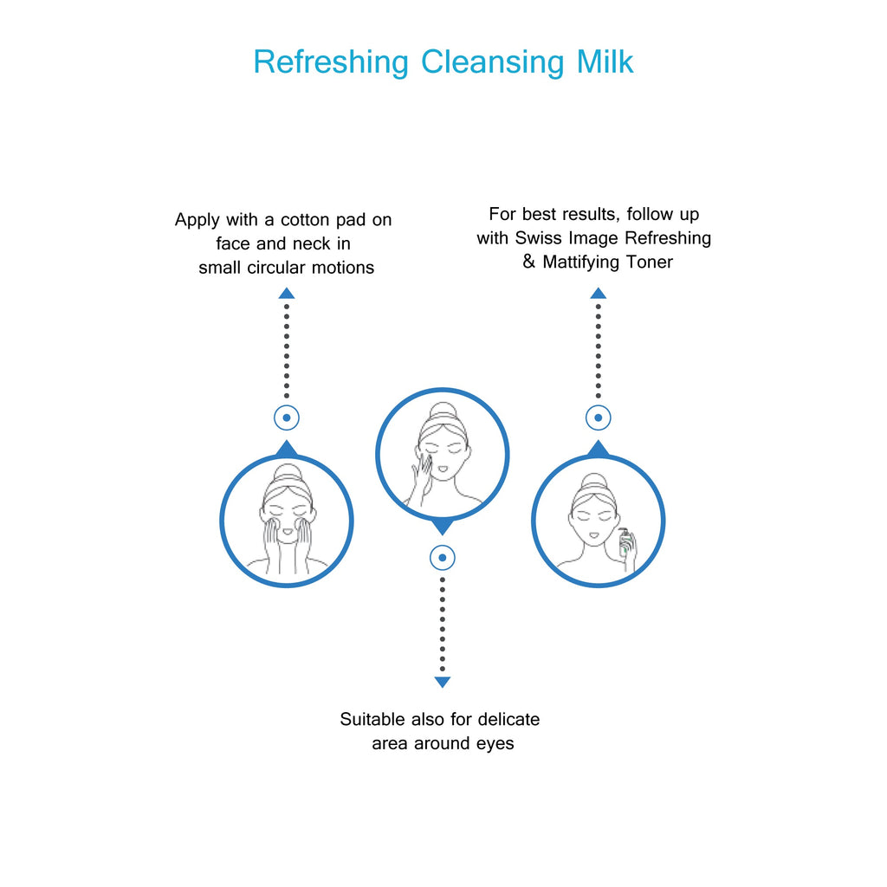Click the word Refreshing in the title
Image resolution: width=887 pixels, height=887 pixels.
tap(330, 62)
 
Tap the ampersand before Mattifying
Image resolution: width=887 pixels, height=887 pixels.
tap(529, 262)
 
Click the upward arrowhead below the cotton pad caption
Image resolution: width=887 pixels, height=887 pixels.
tap(287, 294)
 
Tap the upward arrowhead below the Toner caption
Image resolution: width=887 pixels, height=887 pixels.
tap(598, 294)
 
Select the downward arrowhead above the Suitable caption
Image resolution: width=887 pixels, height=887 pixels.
tap(443, 682)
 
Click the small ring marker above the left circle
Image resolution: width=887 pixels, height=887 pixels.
tap(287, 418)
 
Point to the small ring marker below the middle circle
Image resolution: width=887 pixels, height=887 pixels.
tap(443, 557)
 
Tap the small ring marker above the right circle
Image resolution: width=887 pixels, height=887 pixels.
tap(598, 418)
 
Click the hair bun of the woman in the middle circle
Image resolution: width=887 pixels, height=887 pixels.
tap(442, 411)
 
